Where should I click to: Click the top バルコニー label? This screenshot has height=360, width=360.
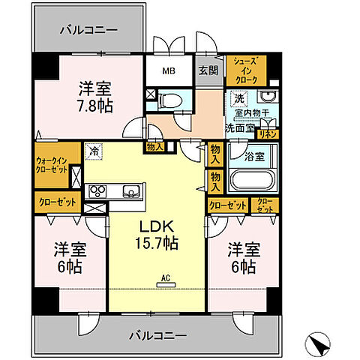click(x=88, y=31)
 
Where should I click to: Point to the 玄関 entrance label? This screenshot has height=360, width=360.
click(x=207, y=72)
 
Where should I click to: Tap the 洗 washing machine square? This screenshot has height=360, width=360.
click(x=238, y=98)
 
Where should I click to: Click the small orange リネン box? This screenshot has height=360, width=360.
click(x=268, y=133)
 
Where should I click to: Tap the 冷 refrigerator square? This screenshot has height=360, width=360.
click(x=94, y=149)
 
